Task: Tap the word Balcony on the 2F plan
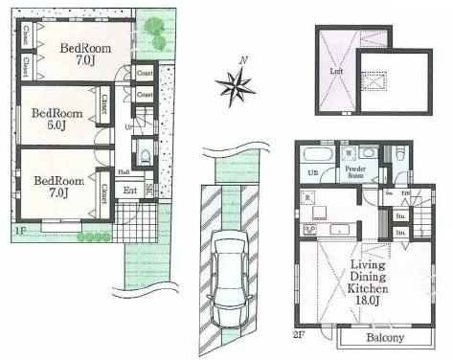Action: click(x=381, y=338)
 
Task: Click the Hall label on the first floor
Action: click(x=124, y=172)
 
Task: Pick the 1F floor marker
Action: click(x=19, y=230)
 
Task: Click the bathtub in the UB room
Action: click(x=314, y=156)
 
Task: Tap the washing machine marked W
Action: click(x=346, y=151)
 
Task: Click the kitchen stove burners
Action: click(x=310, y=230)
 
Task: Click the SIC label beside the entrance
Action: click(x=149, y=189)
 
